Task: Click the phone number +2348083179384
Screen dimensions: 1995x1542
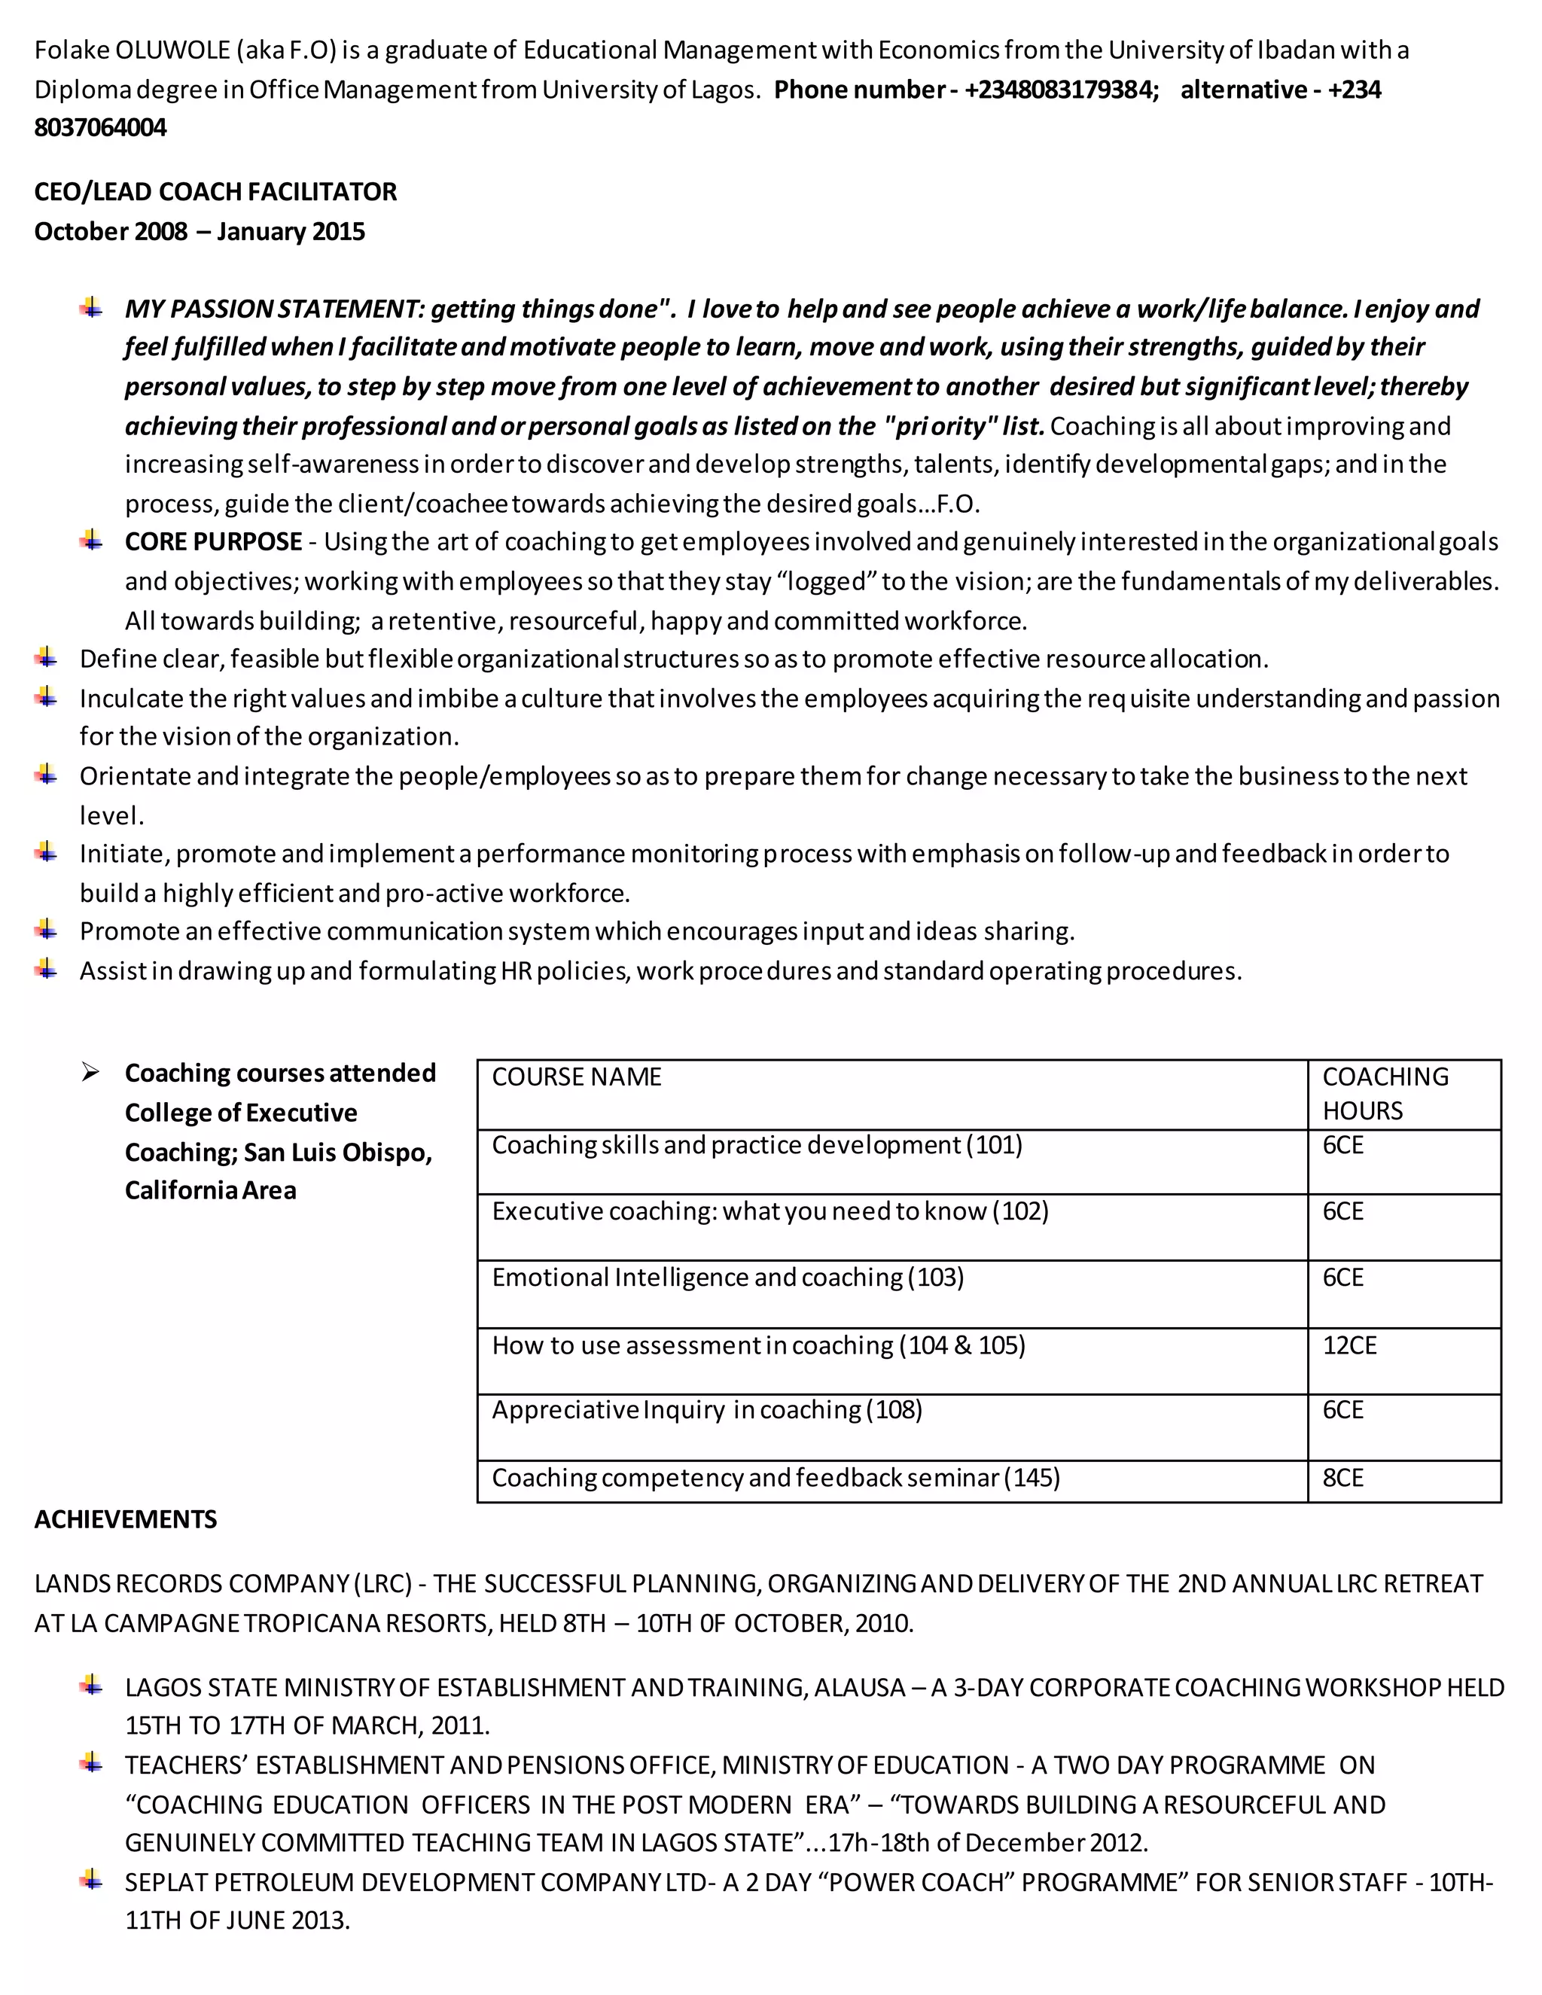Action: [x=1059, y=90]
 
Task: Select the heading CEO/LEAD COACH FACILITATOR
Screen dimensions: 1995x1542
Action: [x=215, y=192]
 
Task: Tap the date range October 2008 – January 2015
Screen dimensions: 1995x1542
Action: [x=199, y=231]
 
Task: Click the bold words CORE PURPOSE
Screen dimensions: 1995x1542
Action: [x=213, y=542]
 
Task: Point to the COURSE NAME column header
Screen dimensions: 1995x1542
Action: [x=577, y=1077]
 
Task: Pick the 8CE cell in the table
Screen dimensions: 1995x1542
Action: [x=1343, y=1478]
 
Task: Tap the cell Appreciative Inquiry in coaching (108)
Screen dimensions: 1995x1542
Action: [x=706, y=1410]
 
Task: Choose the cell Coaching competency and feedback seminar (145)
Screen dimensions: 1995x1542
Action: [x=776, y=1478]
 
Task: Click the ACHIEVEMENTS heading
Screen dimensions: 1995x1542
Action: [x=125, y=1519]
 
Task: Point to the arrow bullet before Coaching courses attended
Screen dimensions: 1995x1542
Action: [x=90, y=1072]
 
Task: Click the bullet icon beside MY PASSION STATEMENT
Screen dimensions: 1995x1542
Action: [x=90, y=308]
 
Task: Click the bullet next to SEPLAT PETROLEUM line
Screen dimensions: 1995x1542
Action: [x=90, y=1880]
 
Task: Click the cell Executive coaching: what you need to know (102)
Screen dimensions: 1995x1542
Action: [x=769, y=1211]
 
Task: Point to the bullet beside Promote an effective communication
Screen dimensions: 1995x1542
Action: [x=46, y=930]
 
